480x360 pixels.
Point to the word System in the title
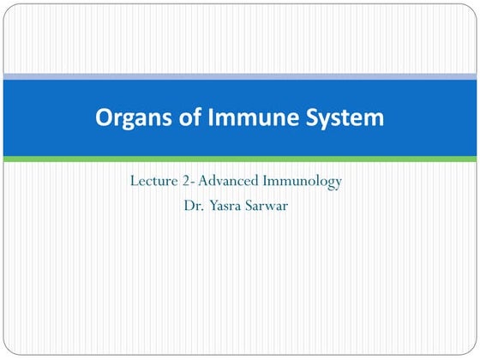pos(339,118)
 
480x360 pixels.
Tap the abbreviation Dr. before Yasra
pos(193,206)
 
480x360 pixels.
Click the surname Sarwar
pos(273,206)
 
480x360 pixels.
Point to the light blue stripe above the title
pos(240,76)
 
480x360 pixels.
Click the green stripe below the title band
pos(240,159)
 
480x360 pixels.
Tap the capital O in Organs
pos(104,118)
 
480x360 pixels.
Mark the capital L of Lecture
pos(135,183)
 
